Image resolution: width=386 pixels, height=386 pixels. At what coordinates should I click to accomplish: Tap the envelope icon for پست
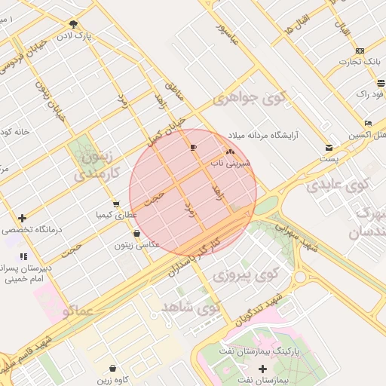329,147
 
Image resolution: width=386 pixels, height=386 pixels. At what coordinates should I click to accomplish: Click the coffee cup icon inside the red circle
194,147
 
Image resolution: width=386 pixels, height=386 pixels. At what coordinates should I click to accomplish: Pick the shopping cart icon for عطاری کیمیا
115,204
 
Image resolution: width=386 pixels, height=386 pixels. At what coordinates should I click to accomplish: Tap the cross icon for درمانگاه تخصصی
22,217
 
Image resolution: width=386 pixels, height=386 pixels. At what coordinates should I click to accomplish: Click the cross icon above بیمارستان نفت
262,369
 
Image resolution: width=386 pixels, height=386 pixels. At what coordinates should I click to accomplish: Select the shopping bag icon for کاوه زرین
113,369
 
